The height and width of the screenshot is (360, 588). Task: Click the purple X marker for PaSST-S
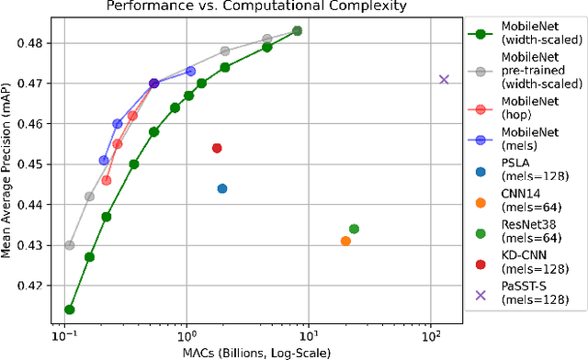pos(444,80)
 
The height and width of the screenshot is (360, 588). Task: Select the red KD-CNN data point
pos(217,148)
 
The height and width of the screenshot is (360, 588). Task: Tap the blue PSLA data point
pos(222,188)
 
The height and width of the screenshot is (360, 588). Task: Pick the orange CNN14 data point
pos(345,241)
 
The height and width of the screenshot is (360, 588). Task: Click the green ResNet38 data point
pos(354,229)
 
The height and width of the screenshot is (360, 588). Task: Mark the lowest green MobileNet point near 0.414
pos(69,309)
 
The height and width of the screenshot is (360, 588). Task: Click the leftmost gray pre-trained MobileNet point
pos(70,245)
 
